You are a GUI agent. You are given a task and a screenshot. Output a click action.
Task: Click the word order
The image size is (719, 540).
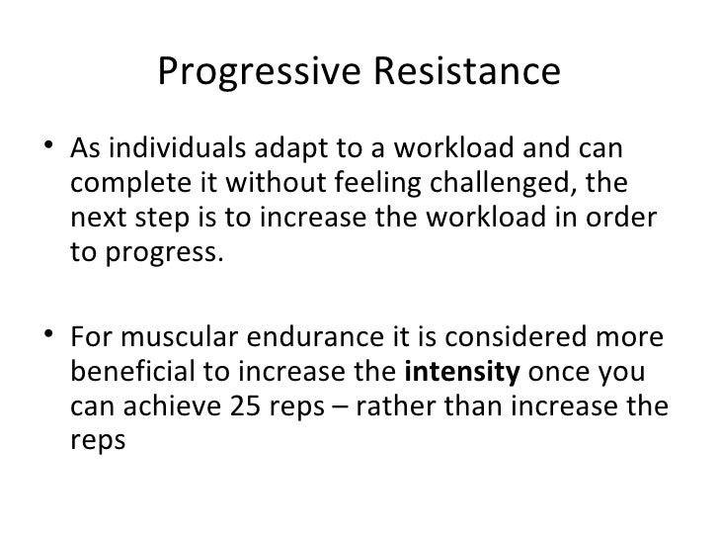click(625, 218)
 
